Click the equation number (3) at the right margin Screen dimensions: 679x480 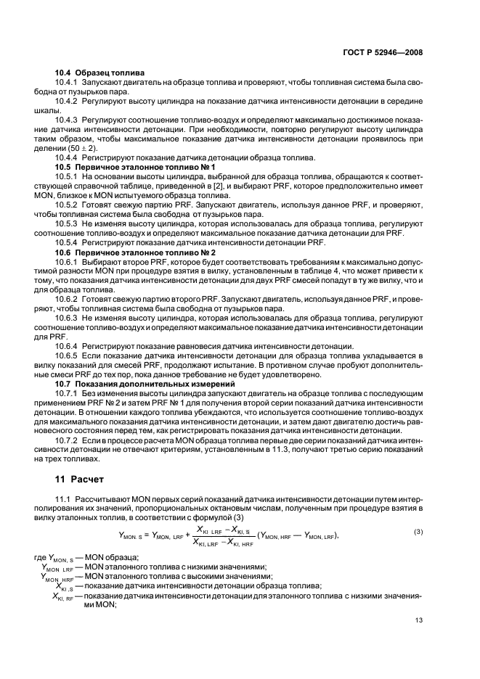click(418, 532)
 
